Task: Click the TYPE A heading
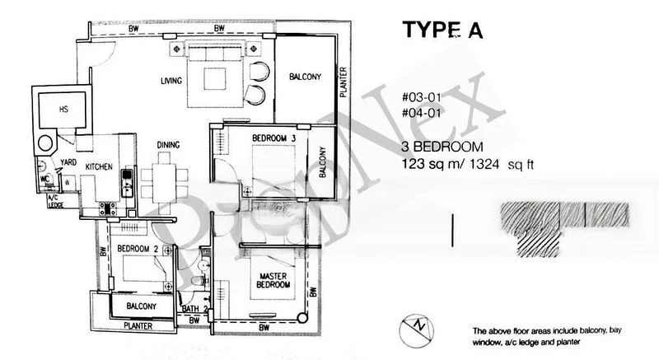tap(441, 30)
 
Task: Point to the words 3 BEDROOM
tap(441, 147)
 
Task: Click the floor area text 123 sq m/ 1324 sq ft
tap(467, 164)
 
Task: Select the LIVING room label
tap(172, 81)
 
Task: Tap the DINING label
tap(168, 146)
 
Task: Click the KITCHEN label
tap(98, 167)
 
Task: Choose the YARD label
tap(68, 162)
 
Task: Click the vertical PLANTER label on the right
tap(344, 82)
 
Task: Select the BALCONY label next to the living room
tap(305, 77)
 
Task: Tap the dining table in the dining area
tap(160, 181)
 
